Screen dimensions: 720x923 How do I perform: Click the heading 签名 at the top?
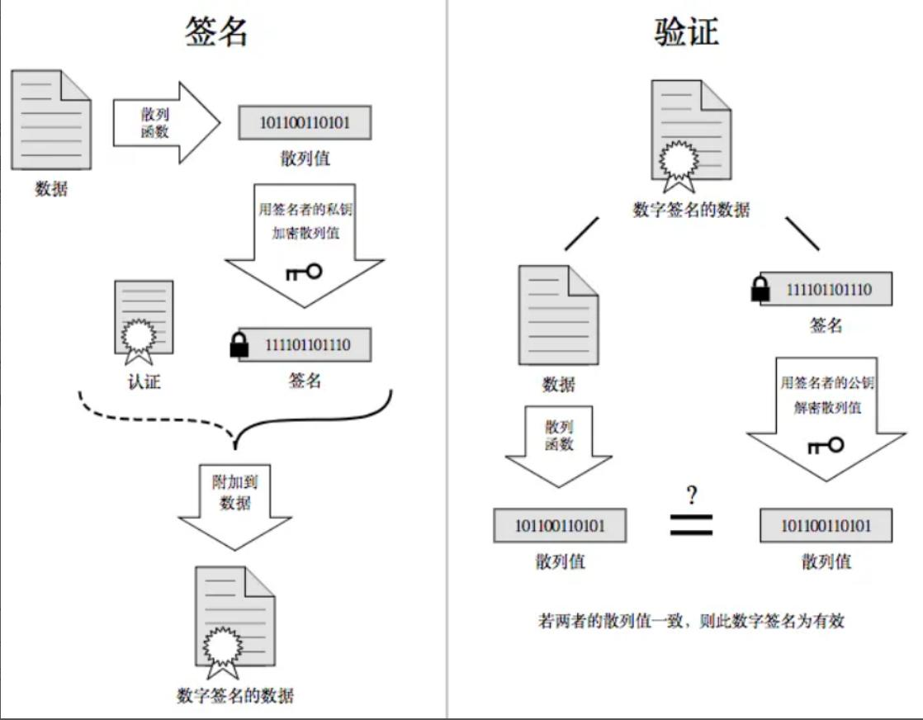[x=216, y=31]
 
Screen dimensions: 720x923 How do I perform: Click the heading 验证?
[x=687, y=31]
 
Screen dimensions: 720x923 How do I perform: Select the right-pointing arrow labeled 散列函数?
[x=166, y=123]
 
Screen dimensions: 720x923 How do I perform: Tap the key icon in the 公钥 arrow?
[x=825, y=446]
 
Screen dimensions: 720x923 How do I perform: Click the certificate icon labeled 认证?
[x=144, y=322]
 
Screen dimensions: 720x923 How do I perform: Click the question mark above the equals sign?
[x=691, y=495]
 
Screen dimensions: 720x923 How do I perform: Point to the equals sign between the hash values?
[x=691, y=525]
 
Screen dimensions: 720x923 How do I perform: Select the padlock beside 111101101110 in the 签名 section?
[x=239, y=345]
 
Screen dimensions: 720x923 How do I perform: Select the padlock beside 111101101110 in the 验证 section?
[x=760, y=290]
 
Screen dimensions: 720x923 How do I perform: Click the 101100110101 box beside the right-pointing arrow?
[x=305, y=123]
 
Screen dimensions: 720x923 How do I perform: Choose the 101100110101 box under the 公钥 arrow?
[x=826, y=526]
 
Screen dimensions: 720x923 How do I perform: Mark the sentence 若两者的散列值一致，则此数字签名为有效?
[x=691, y=620]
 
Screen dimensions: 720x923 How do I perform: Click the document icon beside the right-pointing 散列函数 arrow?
[x=51, y=120]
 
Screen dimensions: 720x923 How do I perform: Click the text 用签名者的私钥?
[x=305, y=209]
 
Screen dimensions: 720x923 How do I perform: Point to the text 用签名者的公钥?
[x=826, y=382]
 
